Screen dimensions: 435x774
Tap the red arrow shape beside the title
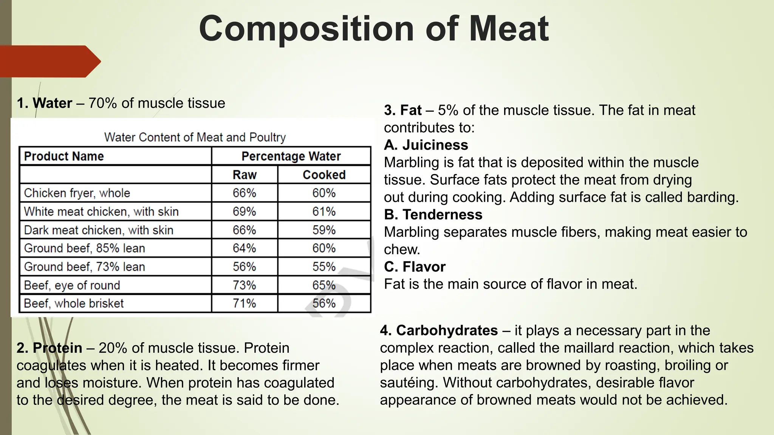click(x=49, y=62)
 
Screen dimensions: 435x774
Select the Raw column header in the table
click(x=245, y=175)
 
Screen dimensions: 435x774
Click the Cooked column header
click(x=324, y=175)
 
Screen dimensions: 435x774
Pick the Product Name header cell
click(x=64, y=156)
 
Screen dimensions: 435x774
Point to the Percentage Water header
click(x=291, y=156)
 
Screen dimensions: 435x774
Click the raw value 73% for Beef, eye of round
click(x=245, y=285)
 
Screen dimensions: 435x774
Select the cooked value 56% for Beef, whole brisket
click(x=324, y=303)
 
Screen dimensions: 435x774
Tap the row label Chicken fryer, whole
click(x=77, y=193)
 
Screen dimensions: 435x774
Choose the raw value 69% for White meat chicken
click(x=245, y=211)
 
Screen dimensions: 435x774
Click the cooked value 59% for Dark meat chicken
click(x=324, y=230)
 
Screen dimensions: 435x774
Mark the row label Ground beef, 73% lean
click(x=85, y=267)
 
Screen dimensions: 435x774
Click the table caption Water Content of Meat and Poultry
click(x=195, y=137)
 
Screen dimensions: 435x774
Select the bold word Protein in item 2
click(x=57, y=348)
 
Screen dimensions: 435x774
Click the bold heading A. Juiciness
click(x=426, y=145)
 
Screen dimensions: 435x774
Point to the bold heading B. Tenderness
click(x=433, y=214)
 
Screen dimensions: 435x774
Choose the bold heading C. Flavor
click(x=415, y=267)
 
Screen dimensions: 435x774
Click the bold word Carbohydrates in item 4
click(x=447, y=330)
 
